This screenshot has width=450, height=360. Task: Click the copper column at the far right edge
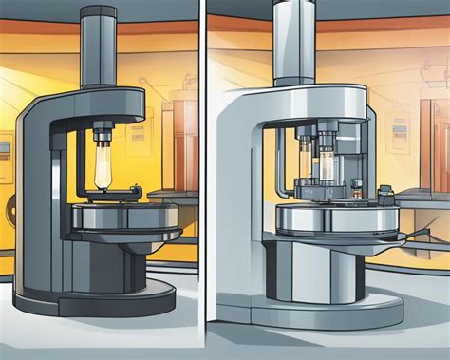(442, 142)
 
